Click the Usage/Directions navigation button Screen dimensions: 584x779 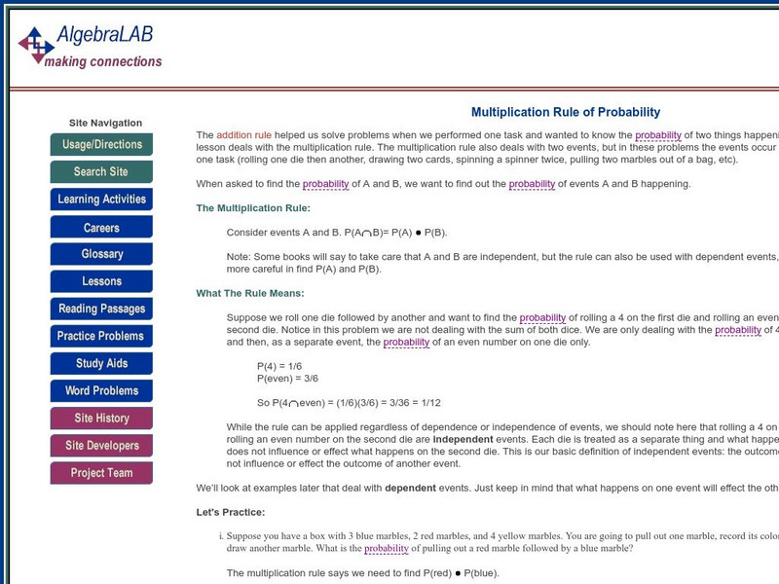coord(101,145)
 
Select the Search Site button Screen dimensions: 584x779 coord(101,172)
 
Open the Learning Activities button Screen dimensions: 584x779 coord(101,200)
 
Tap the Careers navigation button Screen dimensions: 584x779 coord(101,228)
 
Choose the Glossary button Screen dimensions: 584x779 coord(101,254)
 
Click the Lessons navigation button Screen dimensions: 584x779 coord(101,281)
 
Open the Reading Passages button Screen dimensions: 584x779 coord(101,309)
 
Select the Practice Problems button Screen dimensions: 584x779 coord(101,336)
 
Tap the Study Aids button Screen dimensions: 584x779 coord(101,364)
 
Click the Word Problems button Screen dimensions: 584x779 coord(101,391)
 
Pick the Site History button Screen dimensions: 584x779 coord(101,419)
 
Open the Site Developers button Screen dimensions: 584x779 coord(101,446)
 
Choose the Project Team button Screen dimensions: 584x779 coord(101,473)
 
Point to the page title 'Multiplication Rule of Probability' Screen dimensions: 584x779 coord(566,112)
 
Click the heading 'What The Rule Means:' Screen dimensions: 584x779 coord(250,293)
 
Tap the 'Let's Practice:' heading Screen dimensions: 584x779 coord(230,512)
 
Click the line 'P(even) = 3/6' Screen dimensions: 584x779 coord(287,378)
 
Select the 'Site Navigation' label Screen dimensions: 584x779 coord(105,124)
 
